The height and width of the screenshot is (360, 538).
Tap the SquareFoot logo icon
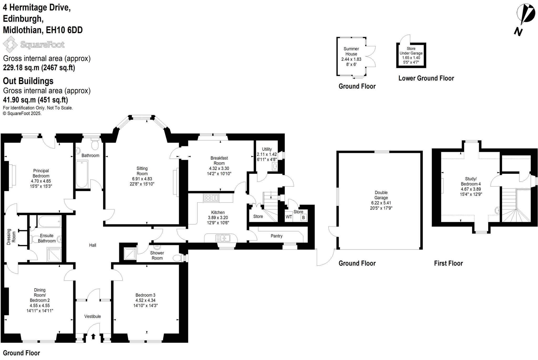coord(10,44)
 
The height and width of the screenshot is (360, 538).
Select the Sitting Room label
coord(142,171)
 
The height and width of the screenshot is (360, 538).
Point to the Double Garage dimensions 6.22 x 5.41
coord(381,203)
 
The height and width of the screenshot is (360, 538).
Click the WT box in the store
coord(289,217)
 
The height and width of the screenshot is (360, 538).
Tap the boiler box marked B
coord(303,218)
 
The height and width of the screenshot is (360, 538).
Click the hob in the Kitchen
coord(211,198)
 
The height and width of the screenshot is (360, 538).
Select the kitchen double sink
coord(223,238)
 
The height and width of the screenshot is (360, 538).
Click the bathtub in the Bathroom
coord(82,174)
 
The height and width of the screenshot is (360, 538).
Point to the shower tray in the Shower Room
coord(130,254)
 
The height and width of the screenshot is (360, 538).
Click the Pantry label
coord(277,236)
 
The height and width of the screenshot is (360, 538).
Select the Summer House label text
coord(351,51)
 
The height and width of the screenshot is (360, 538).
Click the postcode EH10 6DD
coord(64,30)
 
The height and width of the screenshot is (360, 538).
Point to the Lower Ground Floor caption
coord(426,78)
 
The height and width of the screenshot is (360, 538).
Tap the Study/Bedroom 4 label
coord(471,181)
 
